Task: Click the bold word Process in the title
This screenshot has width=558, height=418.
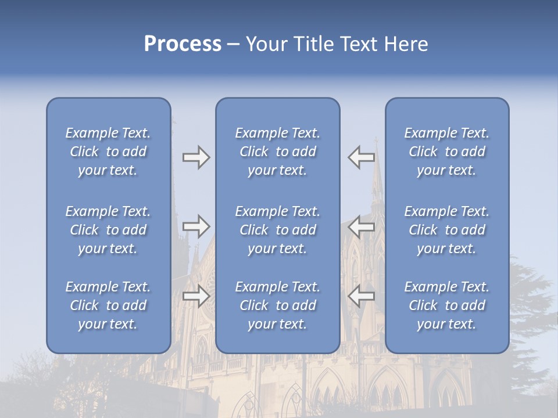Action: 183,44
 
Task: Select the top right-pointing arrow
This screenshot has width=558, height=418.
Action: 196,157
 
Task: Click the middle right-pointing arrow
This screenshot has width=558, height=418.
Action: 196,226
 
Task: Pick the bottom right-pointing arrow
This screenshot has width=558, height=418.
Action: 196,296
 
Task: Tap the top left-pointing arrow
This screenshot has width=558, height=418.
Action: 362,156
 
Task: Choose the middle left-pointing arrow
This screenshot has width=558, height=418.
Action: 362,226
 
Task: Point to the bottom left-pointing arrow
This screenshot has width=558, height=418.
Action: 362,296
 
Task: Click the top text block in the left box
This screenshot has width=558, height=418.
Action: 108,152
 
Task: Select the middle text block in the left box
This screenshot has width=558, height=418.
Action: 108,230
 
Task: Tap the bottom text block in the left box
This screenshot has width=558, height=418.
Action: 108,305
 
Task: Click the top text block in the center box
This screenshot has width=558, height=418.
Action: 277,152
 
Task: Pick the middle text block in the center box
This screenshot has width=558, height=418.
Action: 277,230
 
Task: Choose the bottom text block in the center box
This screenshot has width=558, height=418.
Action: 277,305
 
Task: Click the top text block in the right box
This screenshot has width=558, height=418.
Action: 446,152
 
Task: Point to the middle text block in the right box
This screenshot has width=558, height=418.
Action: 446,230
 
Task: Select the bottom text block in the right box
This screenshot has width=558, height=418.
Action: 446,305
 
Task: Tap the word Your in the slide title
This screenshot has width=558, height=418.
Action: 267,44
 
